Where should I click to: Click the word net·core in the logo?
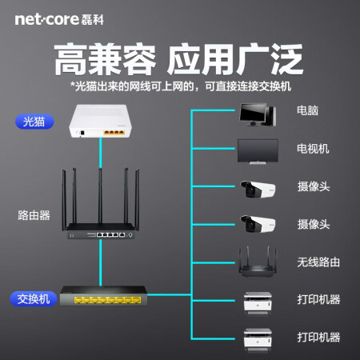pos(46,19)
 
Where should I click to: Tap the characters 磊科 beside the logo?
pos(92,20)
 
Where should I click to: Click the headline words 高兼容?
pos(105,59)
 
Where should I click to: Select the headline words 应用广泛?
pos(235,59)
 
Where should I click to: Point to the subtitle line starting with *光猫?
pos(181,86)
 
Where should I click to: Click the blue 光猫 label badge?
pos(34,122)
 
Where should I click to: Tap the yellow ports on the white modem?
pos(114,133)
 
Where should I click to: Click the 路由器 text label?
pos(34,215)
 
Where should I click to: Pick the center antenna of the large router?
pos(100,196)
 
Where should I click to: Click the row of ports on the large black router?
pos(110,234)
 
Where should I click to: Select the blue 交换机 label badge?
pos(34,299)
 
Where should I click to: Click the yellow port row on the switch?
pos(107,300)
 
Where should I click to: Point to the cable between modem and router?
pos(101,153)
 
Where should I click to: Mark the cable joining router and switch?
pos(101,262)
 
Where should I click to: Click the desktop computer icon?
pos(258,114)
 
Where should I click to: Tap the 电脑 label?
pos(308,110)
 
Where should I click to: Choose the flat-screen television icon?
pos(258,151)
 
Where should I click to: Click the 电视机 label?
pos(313,149)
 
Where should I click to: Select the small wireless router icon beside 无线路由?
pos(258,262)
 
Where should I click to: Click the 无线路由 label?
pos(318,262)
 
